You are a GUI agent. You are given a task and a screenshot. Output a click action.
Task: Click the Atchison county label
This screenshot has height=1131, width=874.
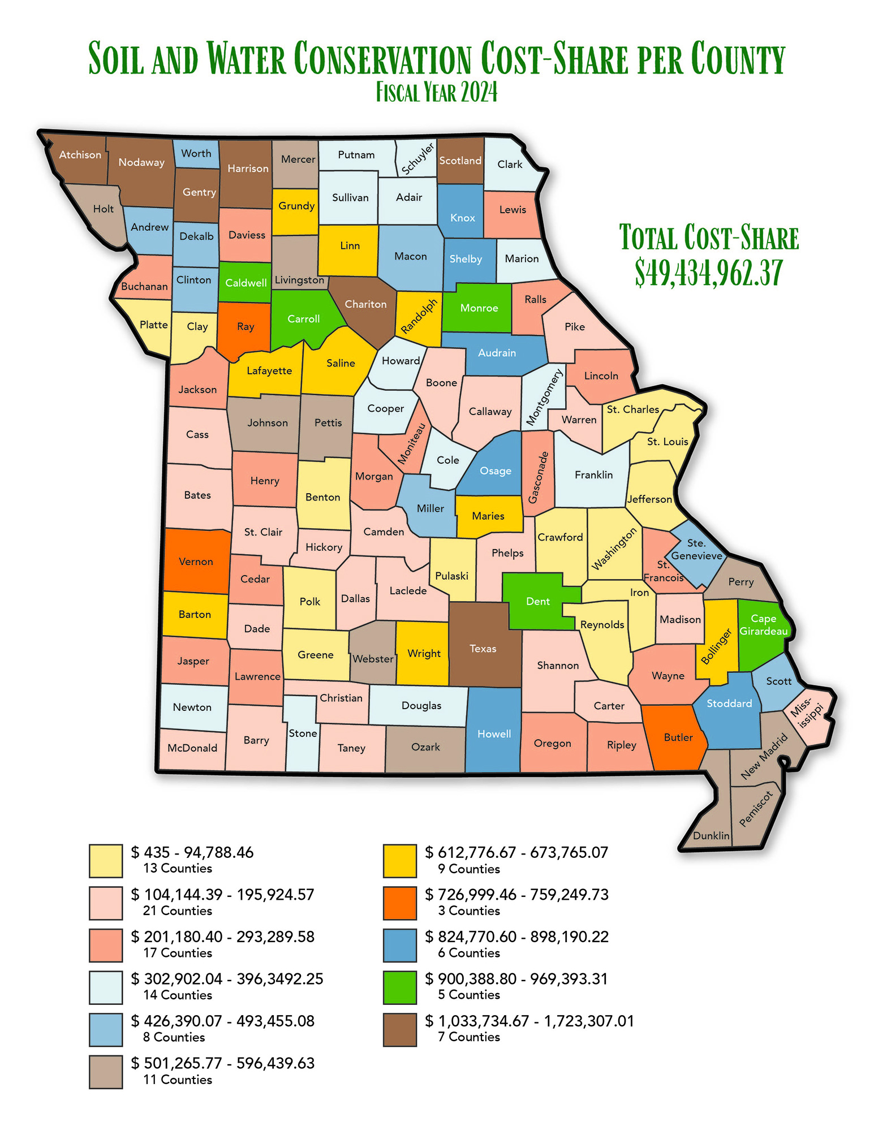[80, 155]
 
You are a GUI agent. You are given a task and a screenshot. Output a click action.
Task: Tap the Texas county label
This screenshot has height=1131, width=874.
[483, 649]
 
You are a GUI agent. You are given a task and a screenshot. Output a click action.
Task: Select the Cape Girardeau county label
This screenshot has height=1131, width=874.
[763, 625]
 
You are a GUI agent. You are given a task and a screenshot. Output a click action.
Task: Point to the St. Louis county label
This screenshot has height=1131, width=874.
[668, 442]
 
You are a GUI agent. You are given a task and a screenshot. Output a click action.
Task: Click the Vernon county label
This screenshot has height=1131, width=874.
[196, 562]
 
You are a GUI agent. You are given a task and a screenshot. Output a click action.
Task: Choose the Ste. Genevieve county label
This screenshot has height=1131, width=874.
[696, 549]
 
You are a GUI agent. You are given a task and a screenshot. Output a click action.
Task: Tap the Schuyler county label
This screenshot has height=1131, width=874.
[417, 158]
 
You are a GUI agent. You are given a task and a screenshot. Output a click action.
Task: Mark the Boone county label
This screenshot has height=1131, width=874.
[441, 383]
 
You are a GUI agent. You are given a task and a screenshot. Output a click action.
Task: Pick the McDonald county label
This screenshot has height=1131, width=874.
[192, 748]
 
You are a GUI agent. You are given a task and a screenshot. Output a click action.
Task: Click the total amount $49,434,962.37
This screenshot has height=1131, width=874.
[708, 273]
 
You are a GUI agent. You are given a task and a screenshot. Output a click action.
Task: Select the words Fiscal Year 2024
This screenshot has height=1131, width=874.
[437, 92]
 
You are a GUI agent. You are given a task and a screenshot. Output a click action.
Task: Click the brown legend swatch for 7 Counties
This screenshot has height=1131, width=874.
[399, 1029]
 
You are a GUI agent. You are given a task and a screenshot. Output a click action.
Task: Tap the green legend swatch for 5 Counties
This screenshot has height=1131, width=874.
[399, 987]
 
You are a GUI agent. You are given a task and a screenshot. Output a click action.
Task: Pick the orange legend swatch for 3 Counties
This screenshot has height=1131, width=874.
[399, 903]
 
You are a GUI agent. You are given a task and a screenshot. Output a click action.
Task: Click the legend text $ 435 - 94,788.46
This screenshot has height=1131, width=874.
[192, 852]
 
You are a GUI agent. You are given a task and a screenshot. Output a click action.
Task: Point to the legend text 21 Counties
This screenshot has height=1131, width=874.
[178, 911]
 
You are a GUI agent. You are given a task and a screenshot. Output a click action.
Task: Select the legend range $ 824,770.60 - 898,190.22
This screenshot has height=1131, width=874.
[516, 936]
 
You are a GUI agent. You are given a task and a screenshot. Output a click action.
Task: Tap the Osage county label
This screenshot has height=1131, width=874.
[495, 471]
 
